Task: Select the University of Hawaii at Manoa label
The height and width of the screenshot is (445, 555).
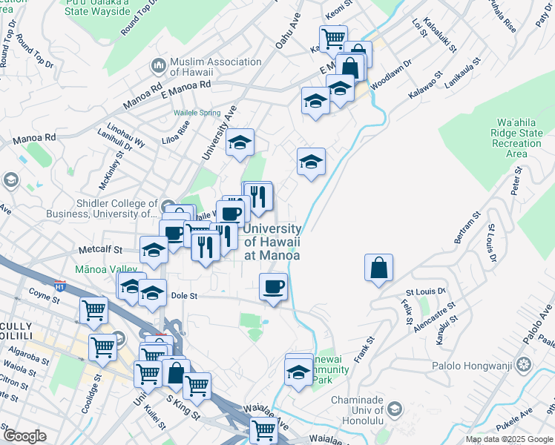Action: (272, 242)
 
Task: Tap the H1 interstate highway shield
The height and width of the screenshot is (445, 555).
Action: (61, 284)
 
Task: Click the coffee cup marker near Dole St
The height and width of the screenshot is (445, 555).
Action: (274, 286)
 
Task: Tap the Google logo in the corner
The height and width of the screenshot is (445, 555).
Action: (24, 436)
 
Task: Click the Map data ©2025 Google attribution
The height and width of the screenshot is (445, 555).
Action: (509, 439)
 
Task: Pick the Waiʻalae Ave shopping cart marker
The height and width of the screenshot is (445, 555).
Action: (263, 429)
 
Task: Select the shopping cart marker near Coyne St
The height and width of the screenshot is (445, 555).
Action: (94, 310)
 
